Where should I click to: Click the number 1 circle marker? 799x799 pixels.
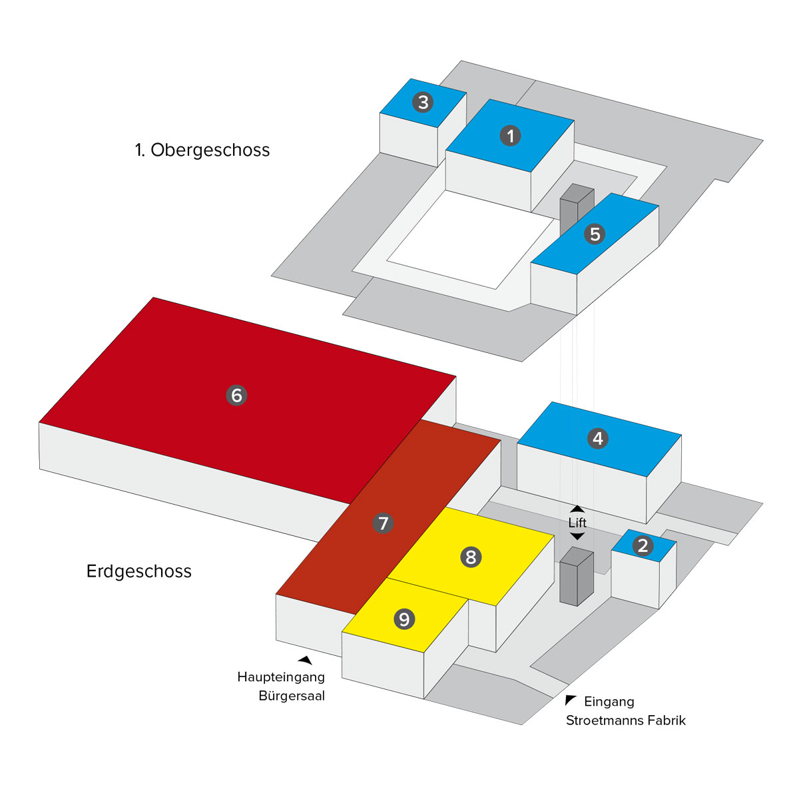pos(510,136)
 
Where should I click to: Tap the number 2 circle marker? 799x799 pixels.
pos(643,546)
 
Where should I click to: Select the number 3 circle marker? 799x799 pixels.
pos(422,103)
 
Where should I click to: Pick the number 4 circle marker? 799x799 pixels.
pos(597,438)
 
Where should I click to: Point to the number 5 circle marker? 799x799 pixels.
pos(595,234)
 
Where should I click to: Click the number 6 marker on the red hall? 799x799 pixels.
pos(236,395)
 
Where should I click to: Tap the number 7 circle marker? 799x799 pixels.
pos(383,523)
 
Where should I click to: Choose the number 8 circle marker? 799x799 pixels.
pos(471,557)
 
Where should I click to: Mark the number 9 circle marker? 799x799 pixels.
pos(404,619)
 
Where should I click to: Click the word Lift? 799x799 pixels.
pos(577,523)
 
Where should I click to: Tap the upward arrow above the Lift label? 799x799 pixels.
pos(577,509)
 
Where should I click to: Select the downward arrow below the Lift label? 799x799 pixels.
pos(577,536)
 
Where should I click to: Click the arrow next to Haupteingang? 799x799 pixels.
pos(305,660)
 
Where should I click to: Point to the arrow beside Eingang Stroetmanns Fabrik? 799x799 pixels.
pos(571,700)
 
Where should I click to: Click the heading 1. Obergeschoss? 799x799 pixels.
pos(202,150)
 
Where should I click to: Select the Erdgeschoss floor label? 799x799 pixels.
pos(139,571)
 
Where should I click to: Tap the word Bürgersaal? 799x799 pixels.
pos(292,696)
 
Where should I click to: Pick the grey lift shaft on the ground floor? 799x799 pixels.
pos(576,577)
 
